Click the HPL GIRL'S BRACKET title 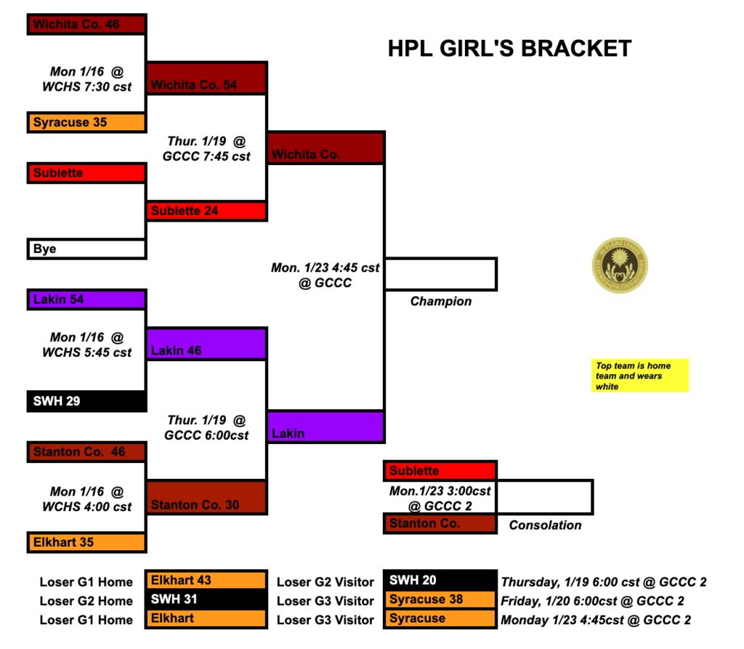[x=509, y=49]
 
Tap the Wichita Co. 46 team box [x=87, y=24]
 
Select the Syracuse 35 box [x=87, y=122]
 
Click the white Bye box [x=87, y=249]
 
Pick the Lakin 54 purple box [x=87, y=299]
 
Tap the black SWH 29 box [x=87, y=400]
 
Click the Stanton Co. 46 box [x=87, y=451]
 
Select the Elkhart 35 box [x=87, y=541]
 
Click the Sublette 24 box [x=207, y=211]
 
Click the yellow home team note [x=639, y=376]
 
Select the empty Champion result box [x=440, y=274]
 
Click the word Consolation [x=545, y=525]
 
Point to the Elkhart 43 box [x=206, y=581]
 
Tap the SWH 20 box [x=440, y=581]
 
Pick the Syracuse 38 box [x=440, y=600]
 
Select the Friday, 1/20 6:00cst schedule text [x=592, y=601]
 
